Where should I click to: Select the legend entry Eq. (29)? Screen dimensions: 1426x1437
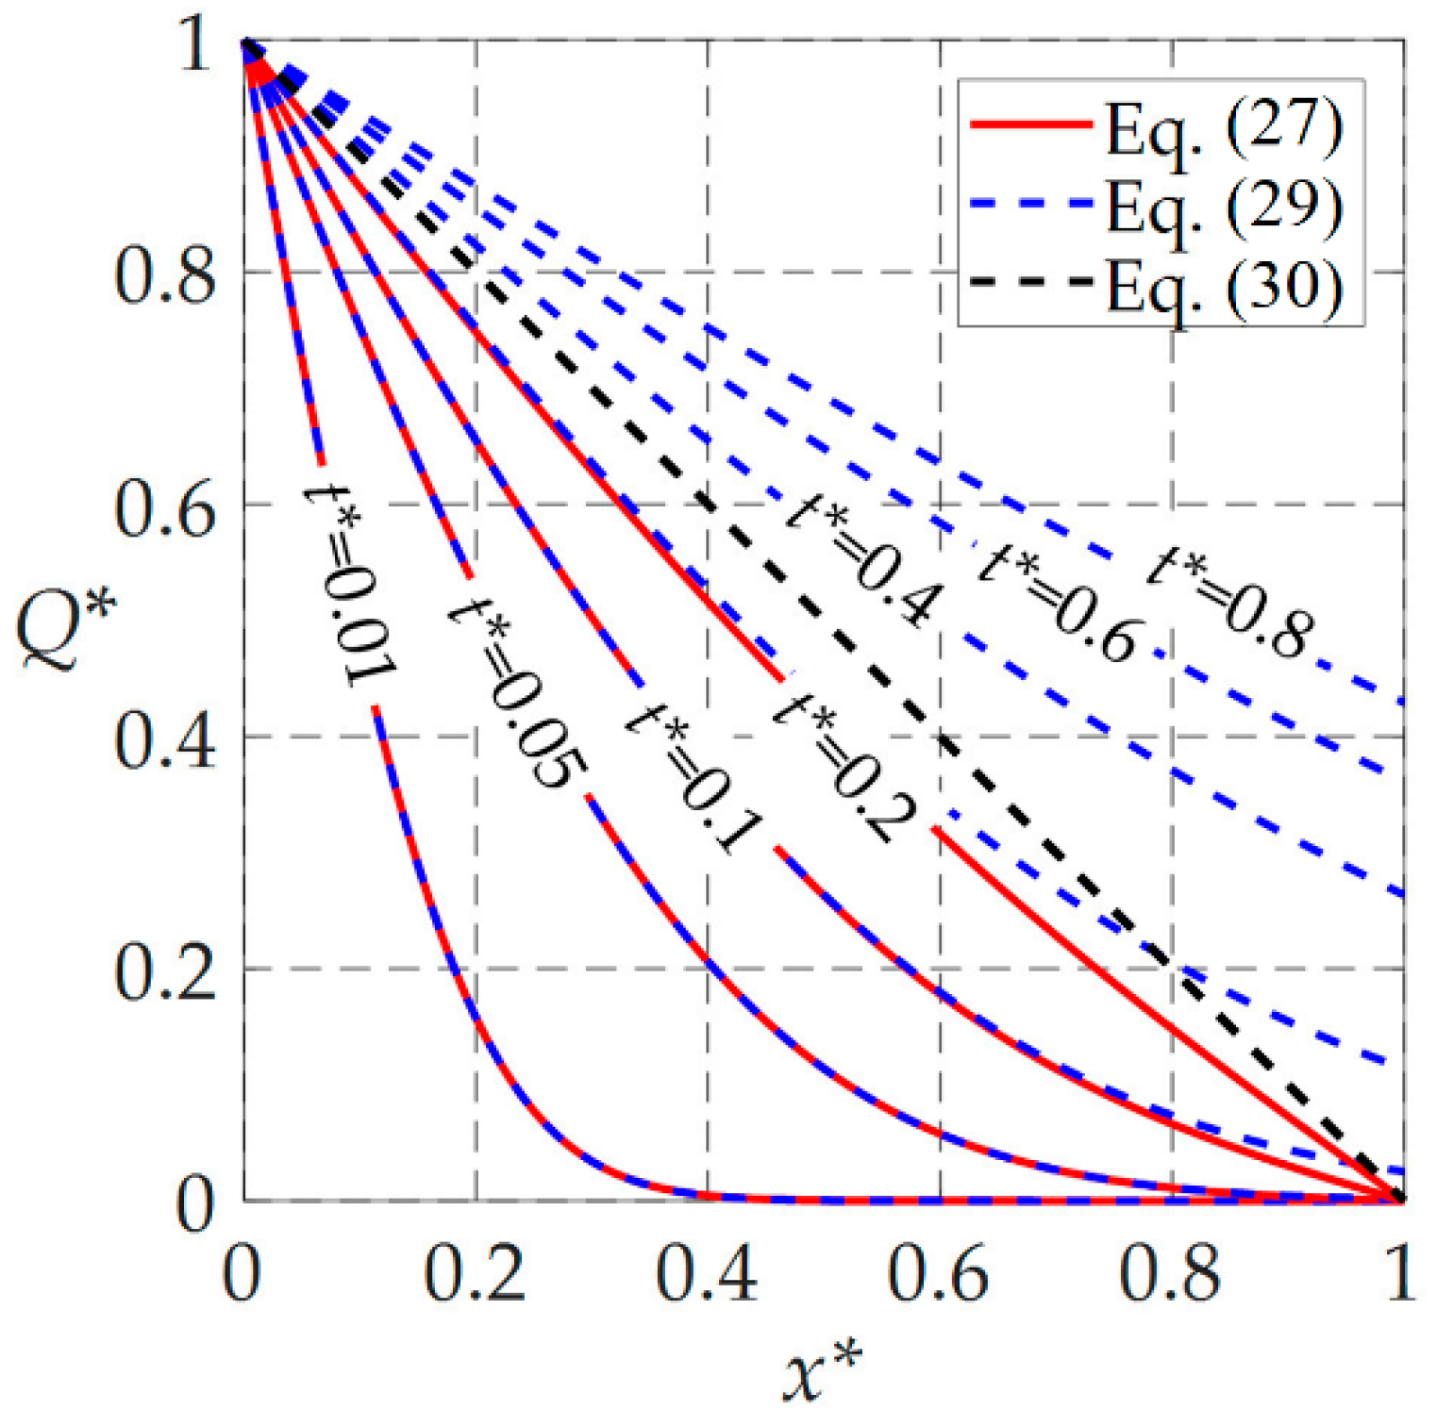[1223, 206]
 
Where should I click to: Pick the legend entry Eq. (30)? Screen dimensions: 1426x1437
[1223, 284]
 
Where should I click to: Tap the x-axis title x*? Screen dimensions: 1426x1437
[822, 1372]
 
